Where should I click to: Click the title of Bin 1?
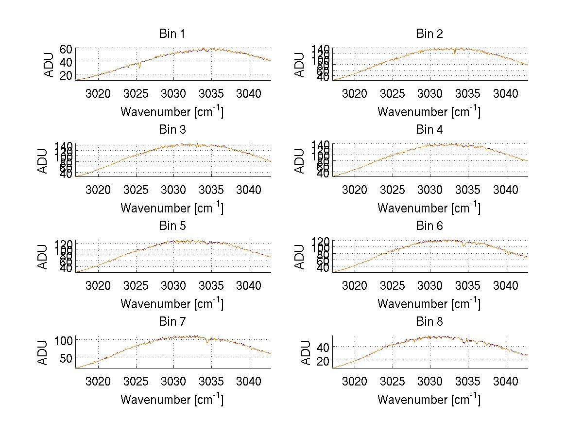point(172,34)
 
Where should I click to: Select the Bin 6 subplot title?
point(429,226)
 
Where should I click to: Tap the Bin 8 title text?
point(429,322)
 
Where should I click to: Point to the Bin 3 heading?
point(172,130)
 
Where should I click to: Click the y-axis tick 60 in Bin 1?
point(66,49)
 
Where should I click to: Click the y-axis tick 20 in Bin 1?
point(66,75)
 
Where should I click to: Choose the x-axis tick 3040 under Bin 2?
point(505,93)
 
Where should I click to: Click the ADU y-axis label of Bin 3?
point(43,160)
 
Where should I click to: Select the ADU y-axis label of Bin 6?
point(300,257)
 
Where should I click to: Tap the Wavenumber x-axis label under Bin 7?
point(172,400)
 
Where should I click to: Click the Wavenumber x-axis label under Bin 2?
point(429,112)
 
